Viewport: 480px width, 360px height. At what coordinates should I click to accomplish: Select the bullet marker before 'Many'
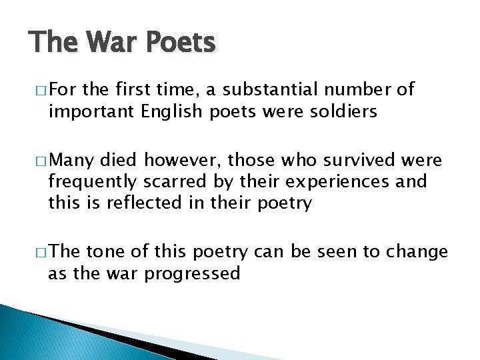click(39, 161)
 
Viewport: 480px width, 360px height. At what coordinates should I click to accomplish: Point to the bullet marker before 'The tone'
click(39, 253)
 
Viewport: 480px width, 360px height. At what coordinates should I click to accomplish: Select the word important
click(91, 111)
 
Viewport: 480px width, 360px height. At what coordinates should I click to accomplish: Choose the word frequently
click(92, 181)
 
